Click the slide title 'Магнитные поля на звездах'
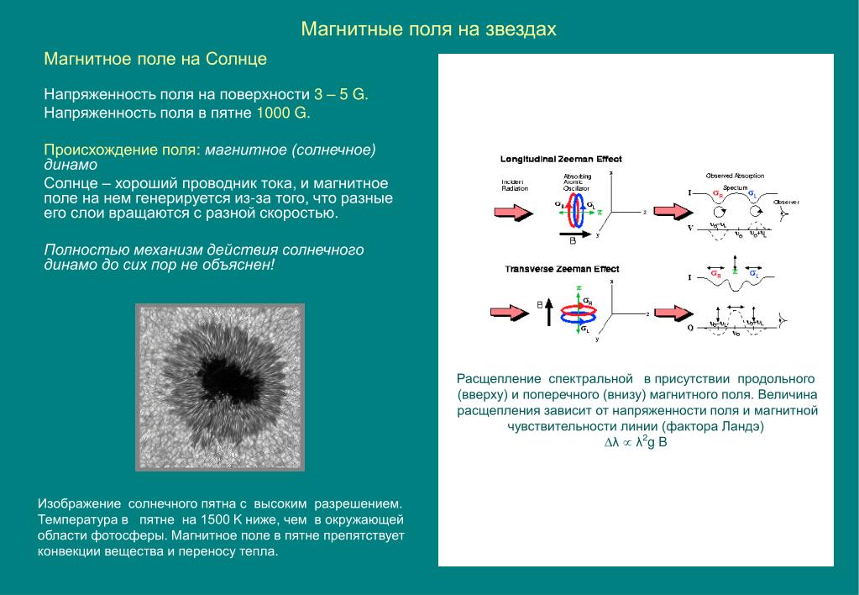pos(429,30)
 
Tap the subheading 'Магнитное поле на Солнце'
pos(155,60)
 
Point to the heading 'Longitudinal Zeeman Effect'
pos(561,159)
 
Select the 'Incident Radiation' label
pos(514,185)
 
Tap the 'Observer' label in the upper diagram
pos(786,203)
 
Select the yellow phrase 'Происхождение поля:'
pos(123,150)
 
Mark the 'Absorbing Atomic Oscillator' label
pos(577,182)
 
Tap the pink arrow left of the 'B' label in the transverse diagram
pos(510,311)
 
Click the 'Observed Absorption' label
pos(735,176)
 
